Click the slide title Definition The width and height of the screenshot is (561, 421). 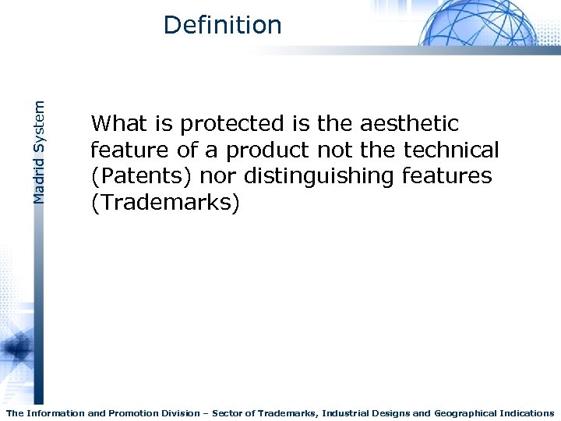[x=222, y=25]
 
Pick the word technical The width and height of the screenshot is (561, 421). [x=451, y=150]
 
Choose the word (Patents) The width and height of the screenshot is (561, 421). [x=142, y=177]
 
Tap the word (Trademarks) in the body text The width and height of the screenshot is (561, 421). [x=166, y=203]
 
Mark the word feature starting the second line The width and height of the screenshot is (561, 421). [x=125, y=150]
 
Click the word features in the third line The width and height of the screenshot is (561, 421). [x=447, y=176]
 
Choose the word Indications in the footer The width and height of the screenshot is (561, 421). [x=527, y=413]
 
